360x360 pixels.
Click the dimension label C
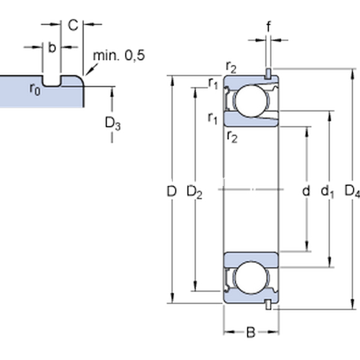click(73, 25)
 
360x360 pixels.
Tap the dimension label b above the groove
click(52, 47)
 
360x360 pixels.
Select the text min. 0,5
click(119, 56)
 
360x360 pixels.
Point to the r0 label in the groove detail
click(35, 89)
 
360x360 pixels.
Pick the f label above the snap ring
click(268, 26)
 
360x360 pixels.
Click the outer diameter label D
click(171, 191)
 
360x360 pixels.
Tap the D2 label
click(194, 192)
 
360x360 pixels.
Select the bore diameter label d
click(306, 191)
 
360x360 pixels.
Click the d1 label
click(327, 191)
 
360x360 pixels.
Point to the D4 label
click(352, 191)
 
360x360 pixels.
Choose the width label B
click(251, 332)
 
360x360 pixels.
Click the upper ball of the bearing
click(251, 101)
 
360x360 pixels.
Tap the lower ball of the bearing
click(251, 278)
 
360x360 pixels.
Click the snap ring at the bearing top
click(268, 73)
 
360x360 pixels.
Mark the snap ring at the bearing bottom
click(268, 305)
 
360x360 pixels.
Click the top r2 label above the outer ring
click(231, 67)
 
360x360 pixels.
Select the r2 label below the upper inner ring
click(232, 137)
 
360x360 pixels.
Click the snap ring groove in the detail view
click(52, 81)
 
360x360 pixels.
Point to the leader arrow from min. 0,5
click(92, 69)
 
